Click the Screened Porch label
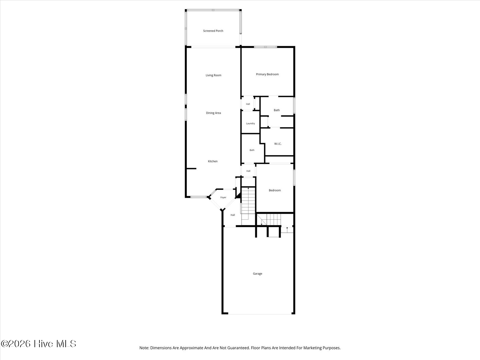(213, 31)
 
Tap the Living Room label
(213, 75)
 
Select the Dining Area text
(213, 113)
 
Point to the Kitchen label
(212, 161)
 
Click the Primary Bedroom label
(267, 74)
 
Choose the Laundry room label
(250, 123)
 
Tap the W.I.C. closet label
(278, 144)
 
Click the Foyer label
(223, 197)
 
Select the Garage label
(257, 273)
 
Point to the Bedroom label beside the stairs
(275, 190)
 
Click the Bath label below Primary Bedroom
(277, 110)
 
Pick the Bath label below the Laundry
(252, 150)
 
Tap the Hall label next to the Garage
(233, 215)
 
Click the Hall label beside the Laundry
(248, 104)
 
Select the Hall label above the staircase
(248, 171)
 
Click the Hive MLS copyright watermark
(38, 344)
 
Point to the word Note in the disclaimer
(144, 348)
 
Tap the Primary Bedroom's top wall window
(265, 47)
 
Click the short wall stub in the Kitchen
(191, 168)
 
